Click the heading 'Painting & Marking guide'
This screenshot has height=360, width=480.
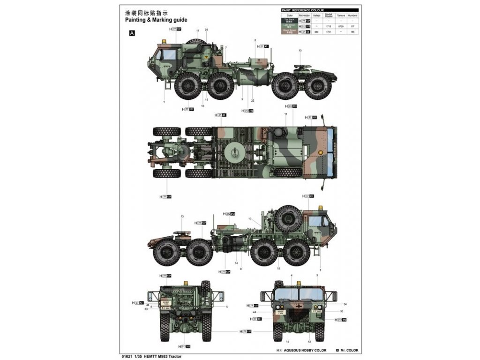click(156, 20)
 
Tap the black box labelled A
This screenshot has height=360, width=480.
click(132, 33)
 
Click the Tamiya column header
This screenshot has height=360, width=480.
click(342, 15)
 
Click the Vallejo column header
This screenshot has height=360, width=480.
click(316, 15)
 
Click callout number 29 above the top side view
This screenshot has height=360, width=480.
click(206, 30)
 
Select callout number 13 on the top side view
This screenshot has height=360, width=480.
click(300, 50)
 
